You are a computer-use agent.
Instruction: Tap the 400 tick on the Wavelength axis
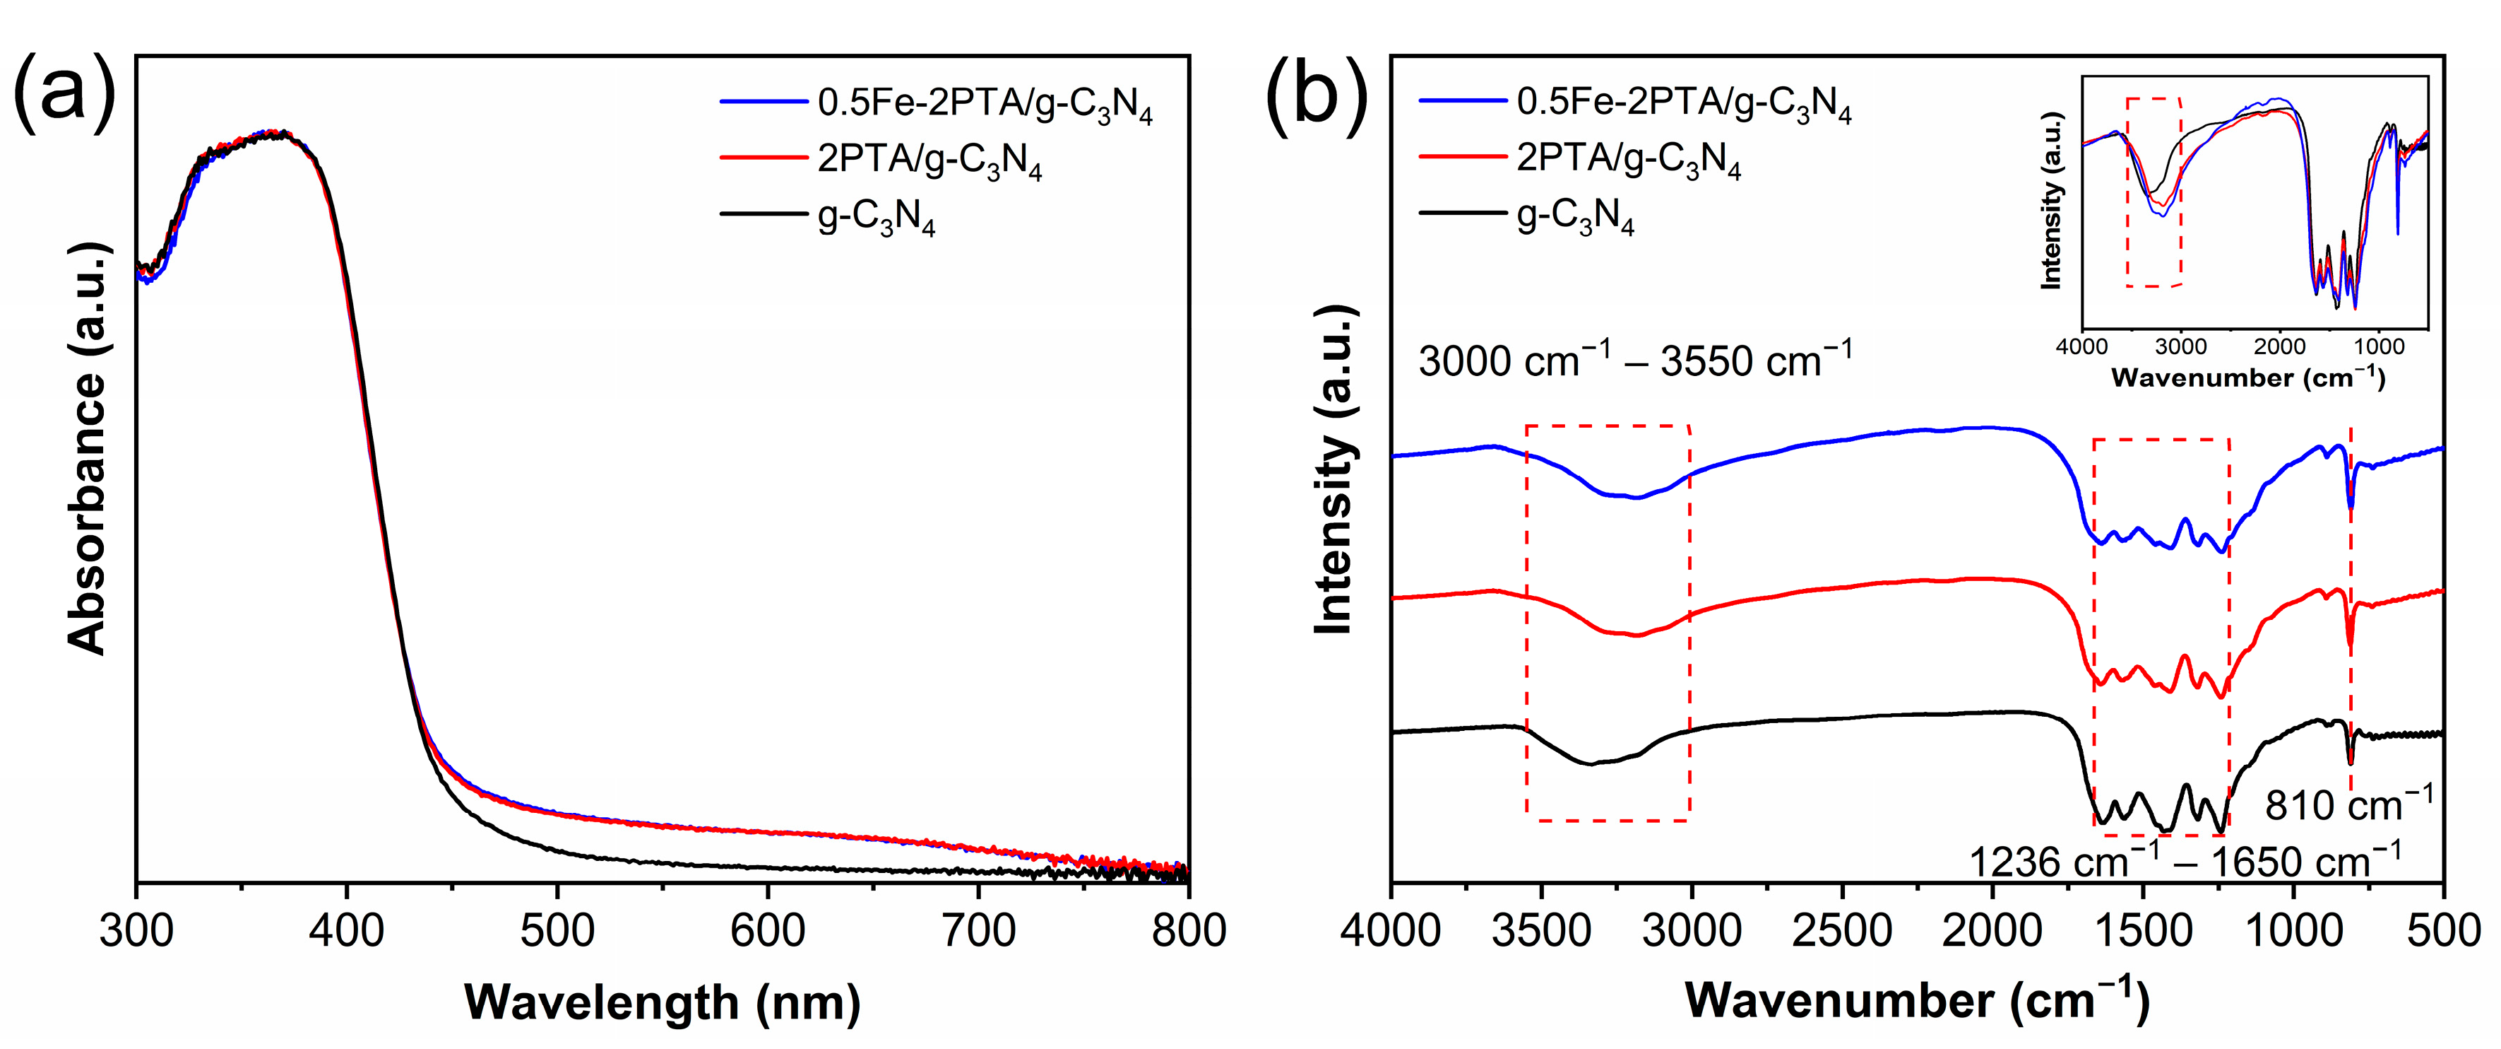pos(347,930)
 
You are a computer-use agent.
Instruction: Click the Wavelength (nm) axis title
pos(662,1002)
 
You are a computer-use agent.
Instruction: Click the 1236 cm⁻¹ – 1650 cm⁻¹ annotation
pos(2185,860)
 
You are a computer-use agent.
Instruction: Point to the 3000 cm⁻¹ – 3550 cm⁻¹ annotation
pos(1635,361)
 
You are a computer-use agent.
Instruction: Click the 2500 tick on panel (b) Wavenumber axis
pos(1842,930)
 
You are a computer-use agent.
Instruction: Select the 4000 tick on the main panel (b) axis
pos(1391,930)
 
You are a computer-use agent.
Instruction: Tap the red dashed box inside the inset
pos(2154,192)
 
